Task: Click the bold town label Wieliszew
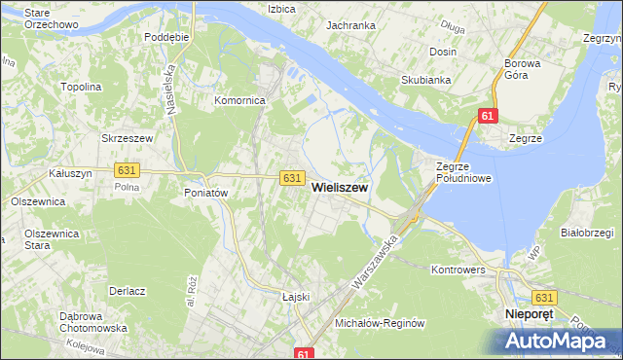tap(339, 195)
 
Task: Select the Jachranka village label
tap(351, 25)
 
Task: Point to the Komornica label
tap(240, 100)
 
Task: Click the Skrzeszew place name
tap(128, 139)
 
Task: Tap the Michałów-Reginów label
tap(380, 322)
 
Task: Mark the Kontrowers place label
tap(458, 269)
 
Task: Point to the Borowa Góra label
tap(529, 70)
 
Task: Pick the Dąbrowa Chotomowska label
tap(93, 322)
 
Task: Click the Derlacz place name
tap(128, 291)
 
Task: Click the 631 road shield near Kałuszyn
tap(126, 169)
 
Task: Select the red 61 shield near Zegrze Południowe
tap(489, 117)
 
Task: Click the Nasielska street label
tap(170, 86)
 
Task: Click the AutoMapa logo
tap(558, 341)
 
